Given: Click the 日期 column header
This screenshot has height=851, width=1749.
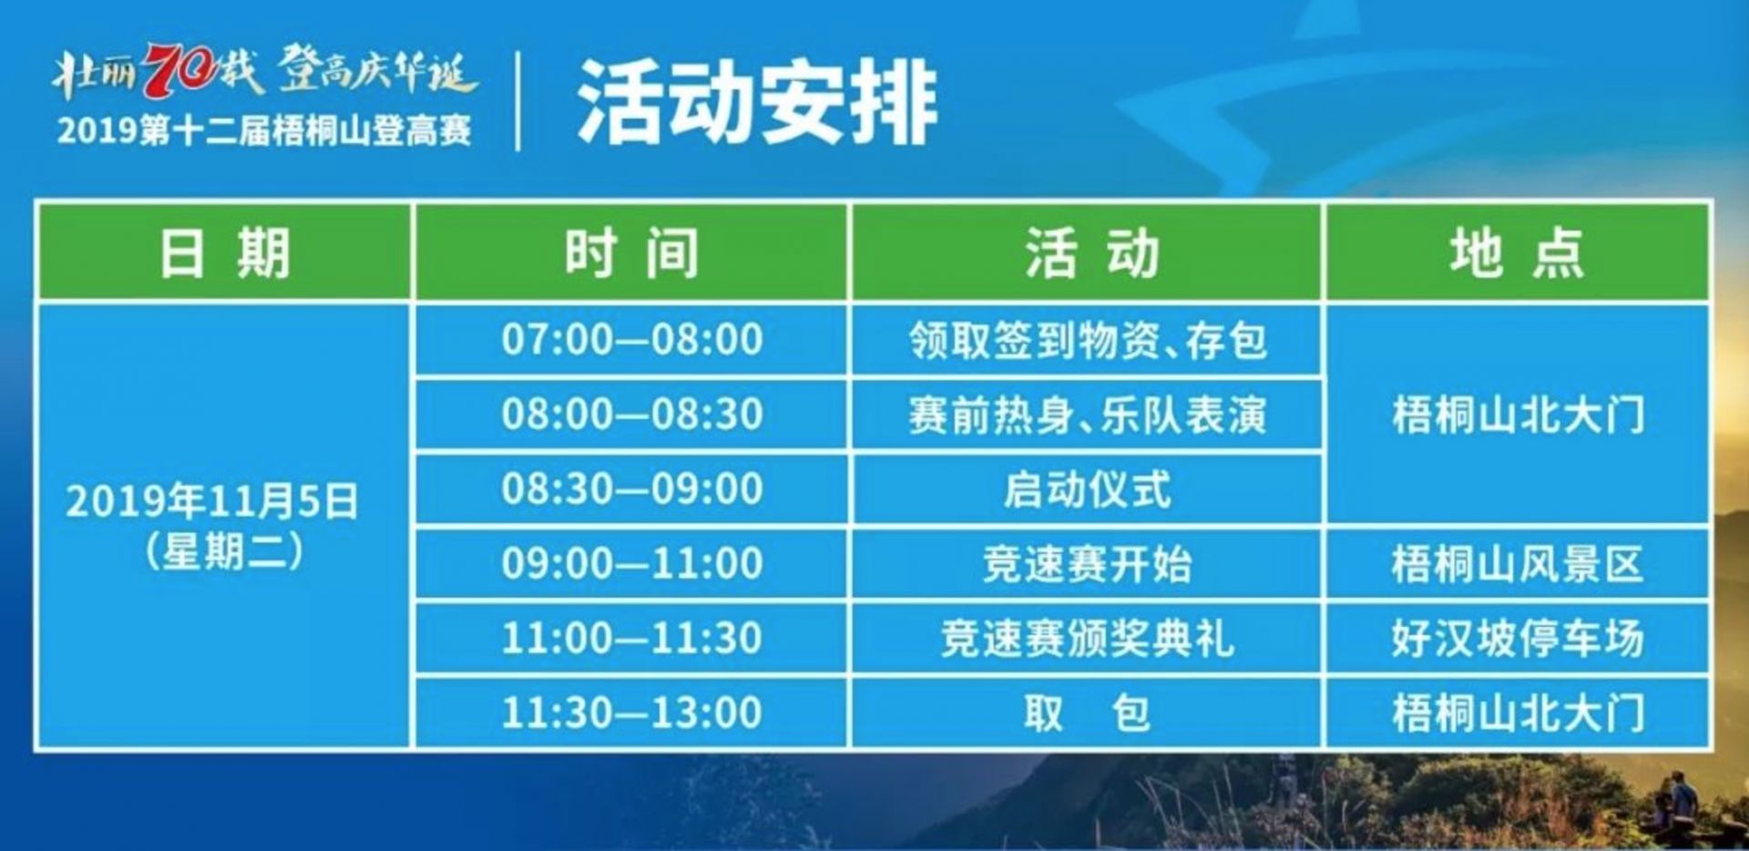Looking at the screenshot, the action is pos(225,252).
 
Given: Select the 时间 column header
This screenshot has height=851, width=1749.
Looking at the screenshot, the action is pos(631,252).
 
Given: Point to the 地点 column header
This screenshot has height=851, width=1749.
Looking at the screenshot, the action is pos(1517,252).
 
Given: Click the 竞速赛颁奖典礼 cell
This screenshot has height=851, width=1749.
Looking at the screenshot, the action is pos(1087,639).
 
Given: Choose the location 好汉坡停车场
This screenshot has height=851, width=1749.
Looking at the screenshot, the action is pos(1518,639).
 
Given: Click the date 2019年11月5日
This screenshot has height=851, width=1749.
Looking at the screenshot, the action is pos(212,501).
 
